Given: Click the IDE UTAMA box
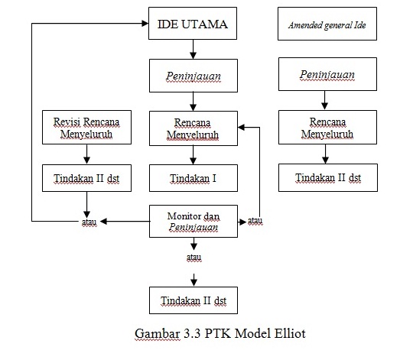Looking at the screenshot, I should [x=192, y=24].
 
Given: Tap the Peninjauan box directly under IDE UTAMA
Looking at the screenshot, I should [x=192, y=76].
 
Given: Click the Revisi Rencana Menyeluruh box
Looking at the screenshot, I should [x=86, y=128].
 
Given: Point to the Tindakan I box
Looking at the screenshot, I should [x=192, y=178].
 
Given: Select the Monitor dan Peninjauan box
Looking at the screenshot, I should [x=193, y=221].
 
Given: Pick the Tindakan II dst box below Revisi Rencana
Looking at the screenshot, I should [x=86, y=178].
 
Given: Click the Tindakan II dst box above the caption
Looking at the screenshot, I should [x=193, y=300].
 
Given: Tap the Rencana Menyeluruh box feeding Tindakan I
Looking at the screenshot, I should [x=192, y=128].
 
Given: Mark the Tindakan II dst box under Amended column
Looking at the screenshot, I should [x=327, y=178].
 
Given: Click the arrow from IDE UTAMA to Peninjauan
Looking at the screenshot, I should [x=193, y=50].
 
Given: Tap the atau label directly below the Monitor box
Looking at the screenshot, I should [x=193, y=258].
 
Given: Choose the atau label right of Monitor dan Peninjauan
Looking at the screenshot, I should [x=255, y=222].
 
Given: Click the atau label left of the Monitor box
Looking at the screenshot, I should [x=89, y=222].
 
